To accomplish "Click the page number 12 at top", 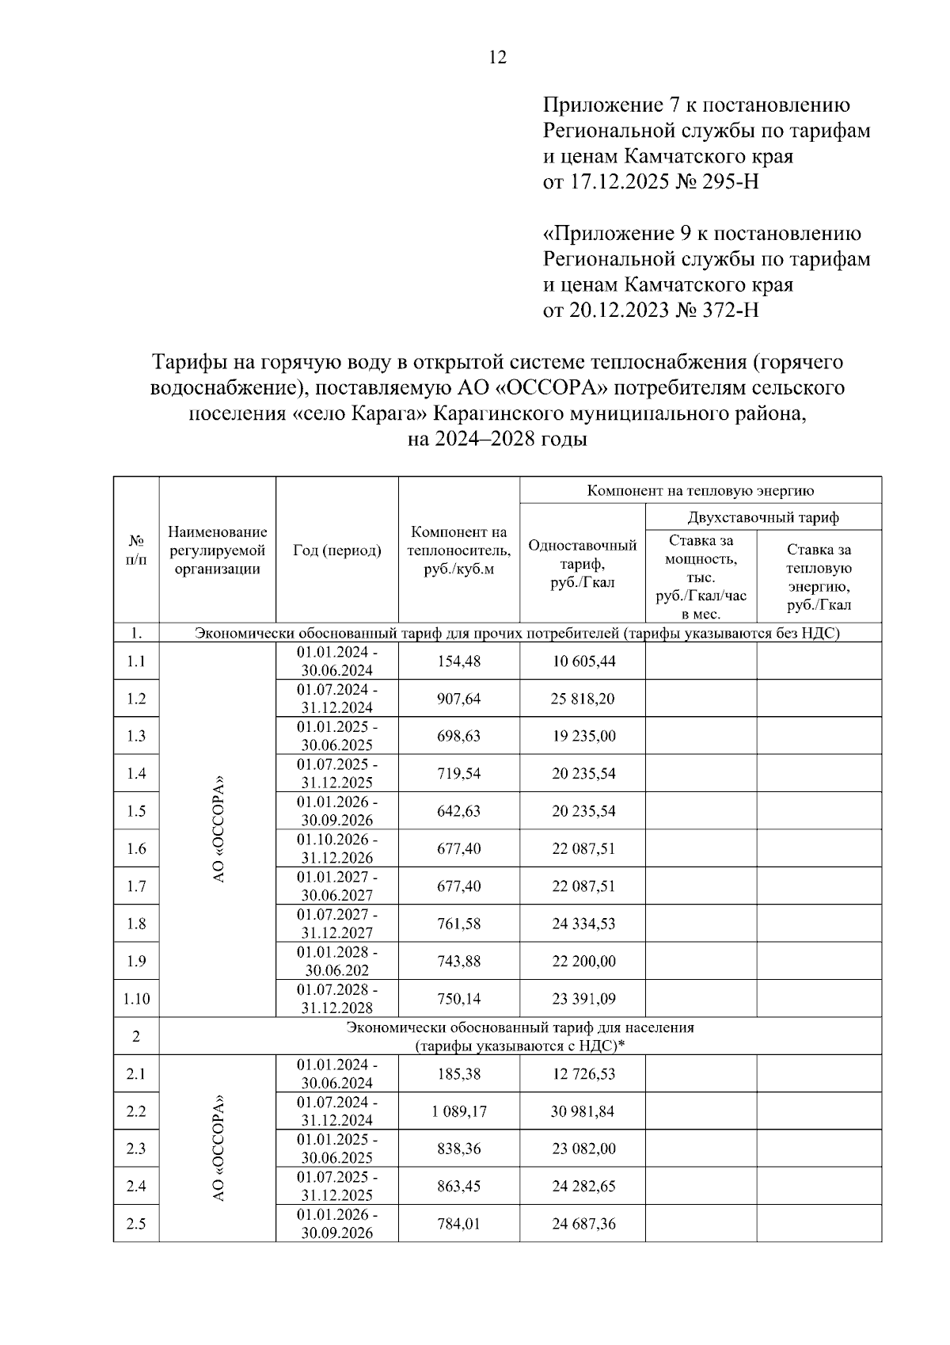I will pyautogui.click(x=498, y=57).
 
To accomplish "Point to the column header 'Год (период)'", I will pyautogui.click(x=336, y=550).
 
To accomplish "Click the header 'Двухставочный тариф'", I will pyautogui.click(x=763, y=517).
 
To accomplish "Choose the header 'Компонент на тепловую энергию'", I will pyautogui.click(x=700, y=490).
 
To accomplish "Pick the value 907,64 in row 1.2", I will pyautogui.click(x=458, y=699).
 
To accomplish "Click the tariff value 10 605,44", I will pyautogui.click(x=583, y=661).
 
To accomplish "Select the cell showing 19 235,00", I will pyautogui.click(x=583, y=736).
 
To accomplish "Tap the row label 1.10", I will pyautogui.click(x=136, y=999).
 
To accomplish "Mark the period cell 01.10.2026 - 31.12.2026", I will pyautogui.click(x=336, y=848).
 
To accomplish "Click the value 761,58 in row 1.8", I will pyautogui.click(x=458, y=924).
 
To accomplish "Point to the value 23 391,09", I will pyautogui.click(x=583, y=999).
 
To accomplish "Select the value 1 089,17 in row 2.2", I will pyautogui.click(x=458, y=1111).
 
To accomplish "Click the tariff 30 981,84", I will pyautogui.click(x=583, y=1111).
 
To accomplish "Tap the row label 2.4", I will pyautogui.click(x=136, y=1187).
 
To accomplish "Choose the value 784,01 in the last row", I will pyautogui.click(x=458, y=1224).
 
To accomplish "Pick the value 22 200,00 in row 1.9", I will pyautogui.click(x=583, y=961).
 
